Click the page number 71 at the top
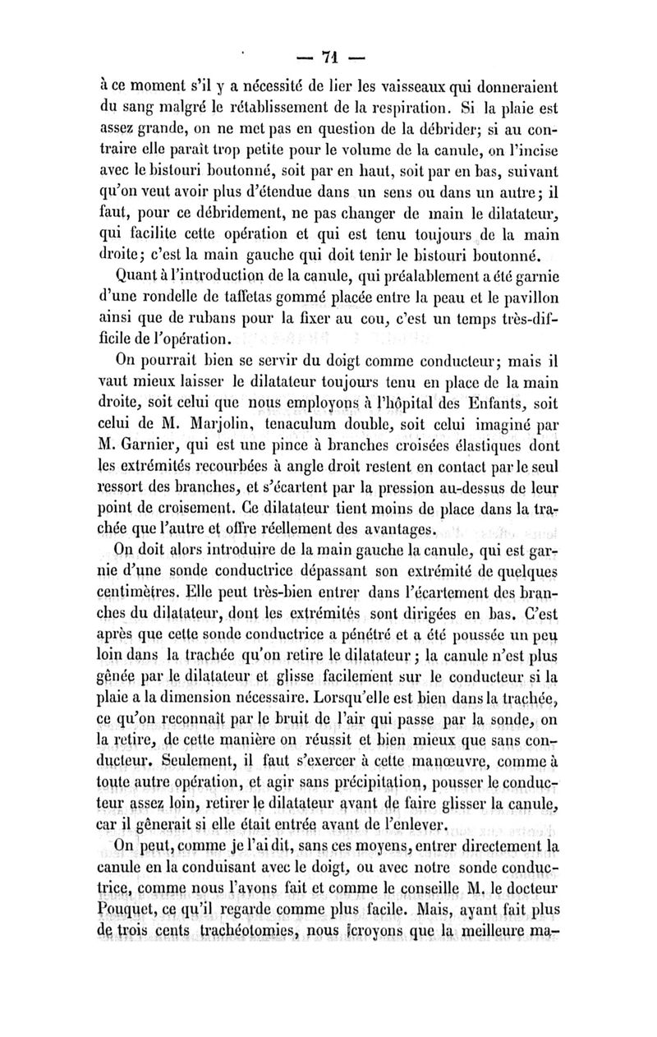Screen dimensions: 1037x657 330,58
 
